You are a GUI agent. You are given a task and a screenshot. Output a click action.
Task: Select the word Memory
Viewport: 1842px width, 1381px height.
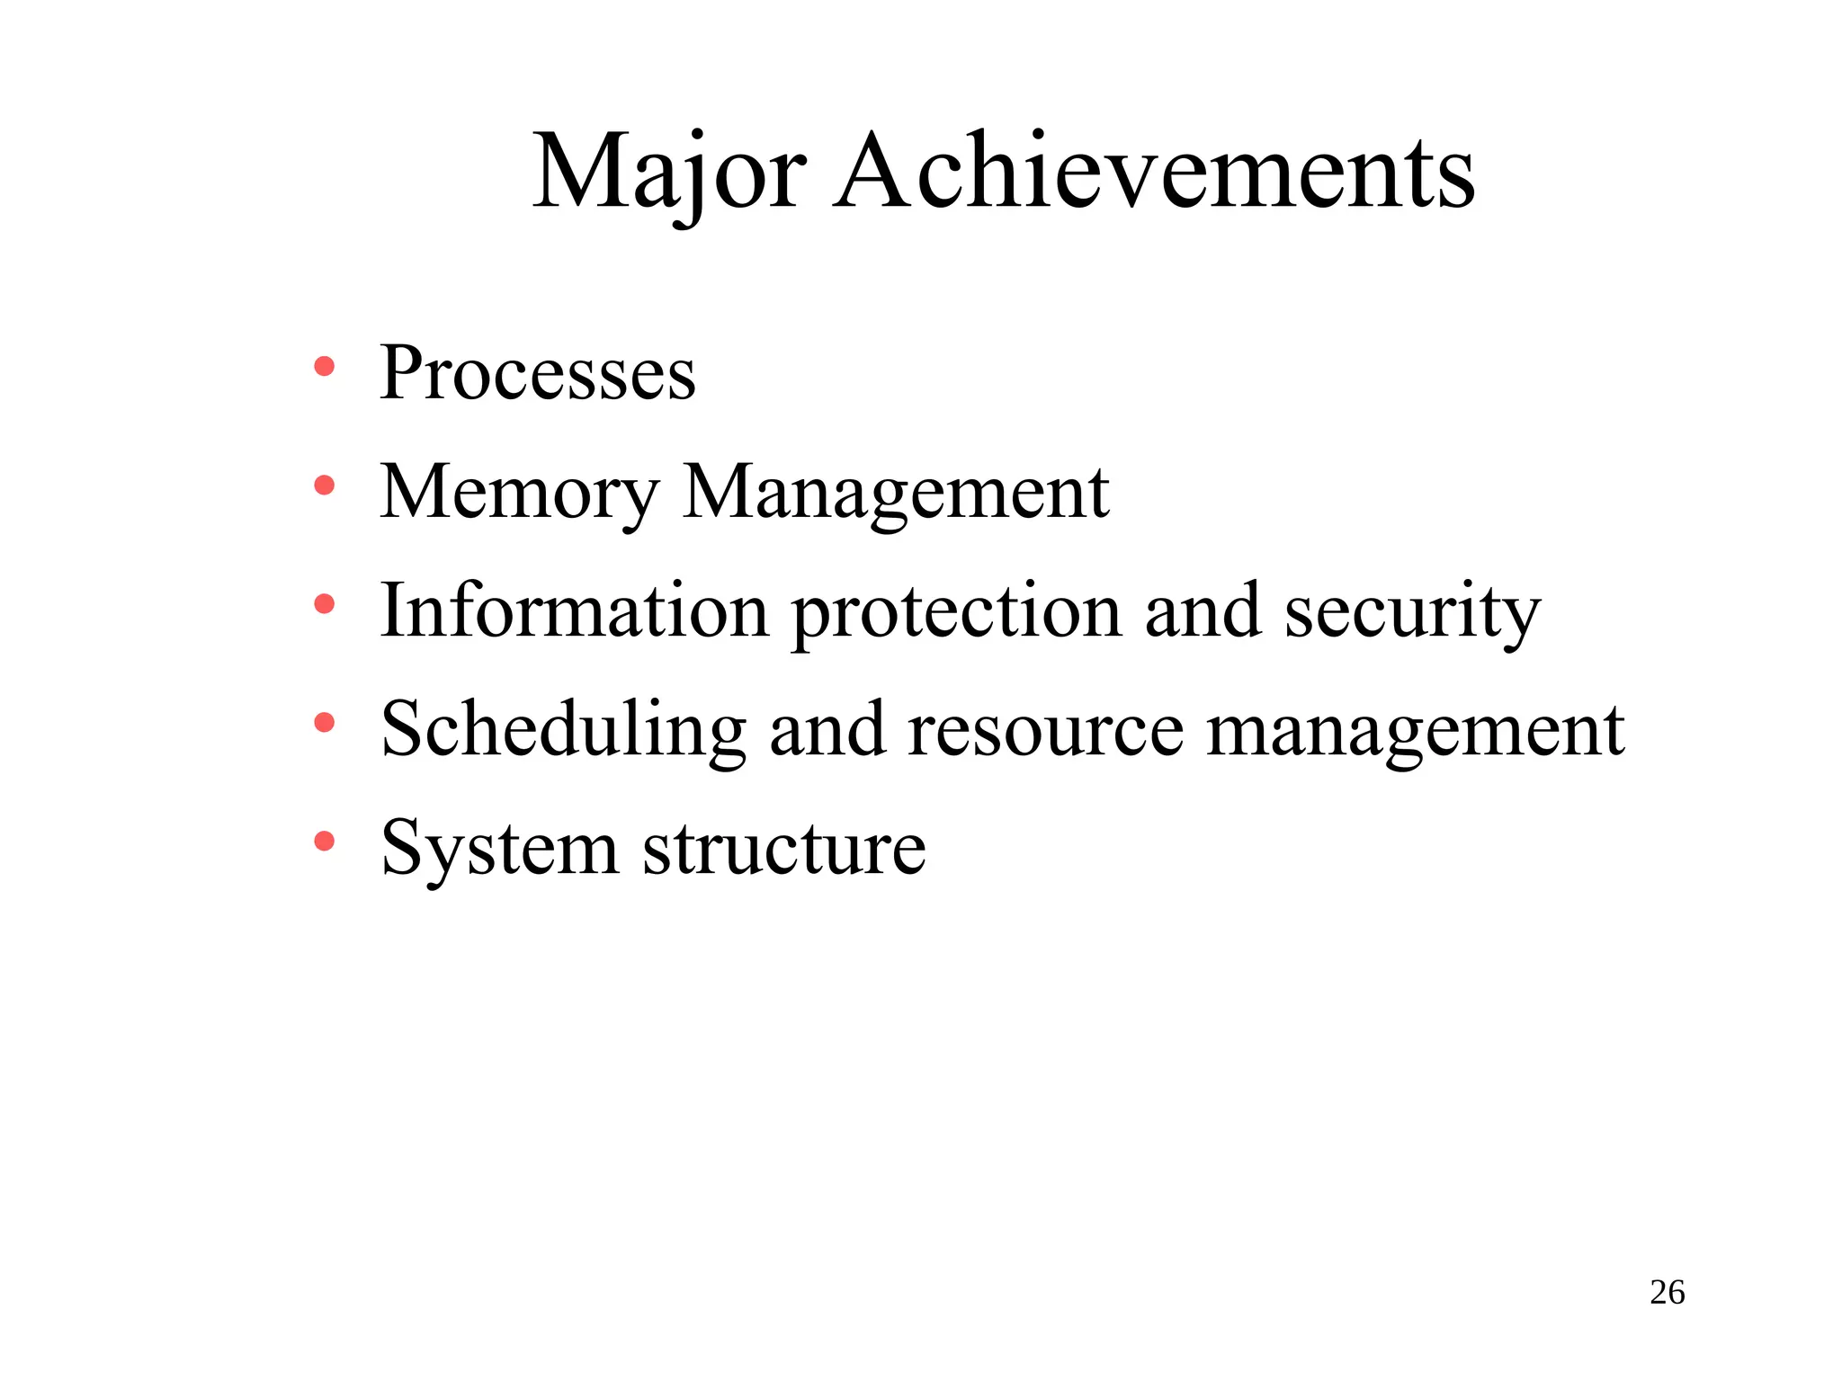pos(520,493)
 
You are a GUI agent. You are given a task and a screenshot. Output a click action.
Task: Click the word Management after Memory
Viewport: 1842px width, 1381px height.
pos(896,493)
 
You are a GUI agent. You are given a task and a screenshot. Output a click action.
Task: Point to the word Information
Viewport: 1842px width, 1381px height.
pos(574,610)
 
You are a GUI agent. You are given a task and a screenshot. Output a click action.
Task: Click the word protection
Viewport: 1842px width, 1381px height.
pos(957,612)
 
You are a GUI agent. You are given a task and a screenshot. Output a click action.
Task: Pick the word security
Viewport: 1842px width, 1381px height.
pos(1412,612)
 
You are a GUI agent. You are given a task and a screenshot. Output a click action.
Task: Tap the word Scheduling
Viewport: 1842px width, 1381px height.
pos(563,729)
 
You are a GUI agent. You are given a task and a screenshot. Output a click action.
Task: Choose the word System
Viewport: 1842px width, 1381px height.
pos(500,848)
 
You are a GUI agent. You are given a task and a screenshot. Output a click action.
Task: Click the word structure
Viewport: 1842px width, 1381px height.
pos(784,848)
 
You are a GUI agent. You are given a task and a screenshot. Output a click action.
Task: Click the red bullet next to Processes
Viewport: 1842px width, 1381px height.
pos(324,367)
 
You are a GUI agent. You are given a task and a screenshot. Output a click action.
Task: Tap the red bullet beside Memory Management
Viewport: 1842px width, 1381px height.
pos(324,486)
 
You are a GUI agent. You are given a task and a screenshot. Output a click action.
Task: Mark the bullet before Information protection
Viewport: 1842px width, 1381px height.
pos(324,604)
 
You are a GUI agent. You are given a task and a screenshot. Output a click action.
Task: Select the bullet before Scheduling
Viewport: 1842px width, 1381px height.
pos(324,723)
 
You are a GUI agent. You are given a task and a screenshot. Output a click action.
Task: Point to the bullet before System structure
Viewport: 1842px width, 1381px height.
pos(324,842)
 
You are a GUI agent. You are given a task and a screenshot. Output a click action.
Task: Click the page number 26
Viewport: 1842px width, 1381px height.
pos(1667,1293)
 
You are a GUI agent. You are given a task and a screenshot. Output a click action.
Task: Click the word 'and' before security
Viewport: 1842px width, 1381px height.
pos(1203,610)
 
